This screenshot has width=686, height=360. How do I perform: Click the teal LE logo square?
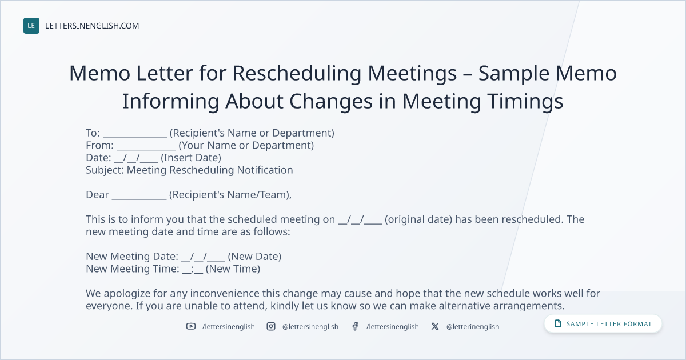tap(31, 26)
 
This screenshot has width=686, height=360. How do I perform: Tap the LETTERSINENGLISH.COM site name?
tap(92, 26)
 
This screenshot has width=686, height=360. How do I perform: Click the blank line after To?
tap(135, 137)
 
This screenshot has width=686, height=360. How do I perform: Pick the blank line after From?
tap(146, 149)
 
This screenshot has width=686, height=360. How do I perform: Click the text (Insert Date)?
tap(191, 158)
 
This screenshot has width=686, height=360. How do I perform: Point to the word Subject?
tap(105, 170)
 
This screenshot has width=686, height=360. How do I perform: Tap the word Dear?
tap(97, 195)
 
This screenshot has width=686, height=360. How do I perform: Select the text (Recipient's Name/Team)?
tap(230, 195)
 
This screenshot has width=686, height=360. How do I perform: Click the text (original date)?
tap(418, 219)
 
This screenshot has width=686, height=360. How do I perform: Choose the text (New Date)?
tap(254, 257)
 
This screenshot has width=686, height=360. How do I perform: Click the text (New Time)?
tap(233, 269)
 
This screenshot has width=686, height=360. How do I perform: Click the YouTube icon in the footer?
tap(191, 326)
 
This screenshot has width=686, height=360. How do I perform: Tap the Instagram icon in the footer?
tap(271, 326)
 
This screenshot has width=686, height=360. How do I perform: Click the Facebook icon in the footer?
tap(355, 326)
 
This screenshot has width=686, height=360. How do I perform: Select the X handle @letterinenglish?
tap(473, 327)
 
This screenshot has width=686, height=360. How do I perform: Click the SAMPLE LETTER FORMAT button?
tap(603, 324)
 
